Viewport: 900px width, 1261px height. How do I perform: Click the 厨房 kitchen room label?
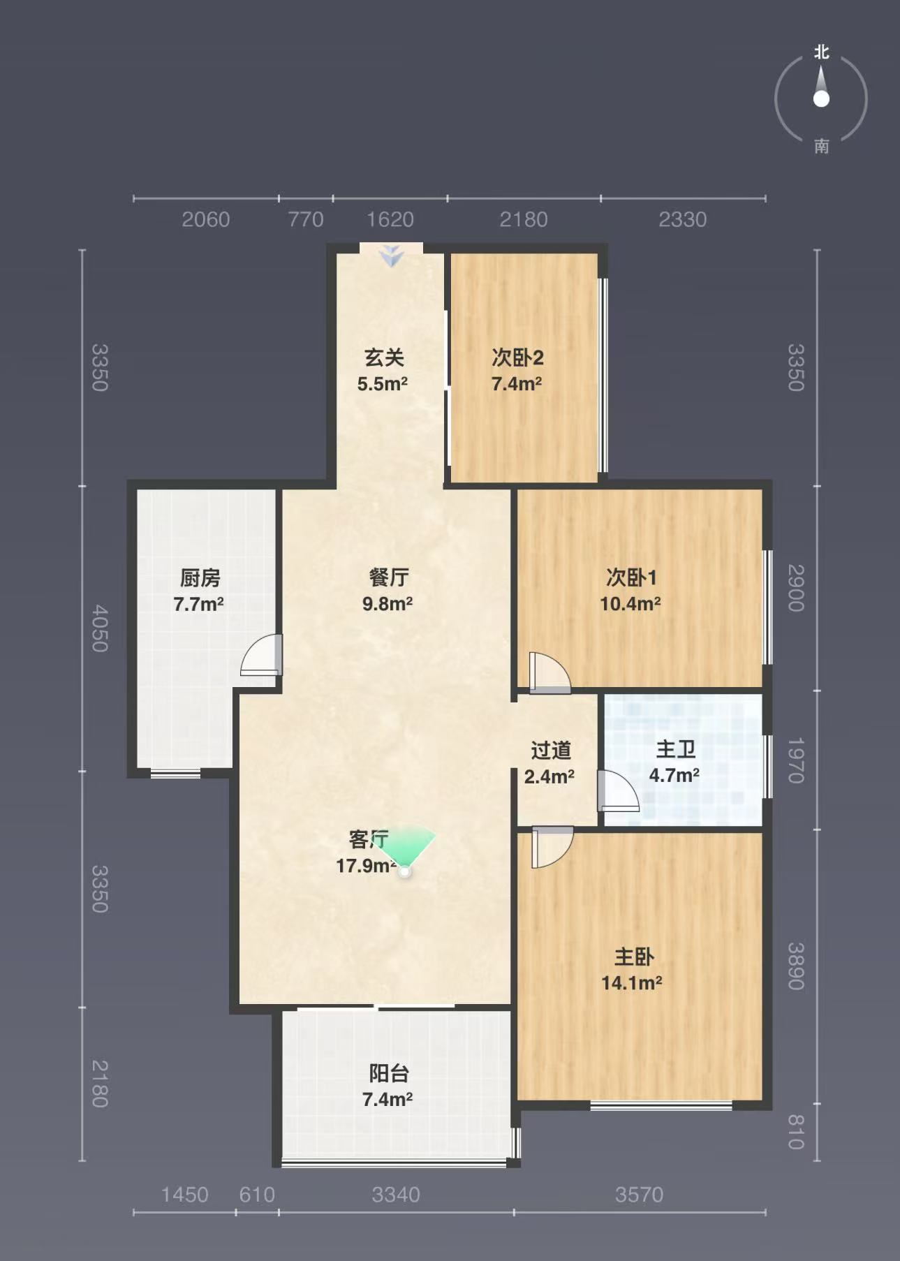pyautogui.click(x=200, y=578)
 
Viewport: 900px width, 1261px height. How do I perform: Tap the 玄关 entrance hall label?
pyautogui.click(x=385, y=358)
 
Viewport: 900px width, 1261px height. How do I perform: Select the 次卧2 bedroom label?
pyautogui.click(x=517, y=358)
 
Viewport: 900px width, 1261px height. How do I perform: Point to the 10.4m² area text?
pyautogui.click(x=630, y=604)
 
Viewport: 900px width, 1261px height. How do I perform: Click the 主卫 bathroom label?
pyautogui.click(x=676, y=750)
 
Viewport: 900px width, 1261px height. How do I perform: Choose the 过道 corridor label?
pyautogui.click(x=551, y=751)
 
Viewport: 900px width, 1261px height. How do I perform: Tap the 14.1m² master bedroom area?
pyautogui.click(x=632, y=983)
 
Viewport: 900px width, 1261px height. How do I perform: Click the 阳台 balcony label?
pyautogui.click(x=389, y=1073)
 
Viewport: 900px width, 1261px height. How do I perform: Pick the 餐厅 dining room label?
pyautogui.click(x=389, y=578)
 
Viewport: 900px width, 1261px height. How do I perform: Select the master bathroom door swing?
pyautogui.click(x=619, y=790)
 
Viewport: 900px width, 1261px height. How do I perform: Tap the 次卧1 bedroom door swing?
pyautogui.click(x=550, y=673)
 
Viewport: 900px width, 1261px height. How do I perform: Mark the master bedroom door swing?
pyautogui.click(x=552, y=847)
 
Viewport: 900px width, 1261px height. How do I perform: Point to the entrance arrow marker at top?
pyautogui.click(x=392, y=256)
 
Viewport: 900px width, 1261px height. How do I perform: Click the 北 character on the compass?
pyautogui.click(x=822, y=52)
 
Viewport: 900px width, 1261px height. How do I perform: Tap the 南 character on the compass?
pyautogui.click(x=822, y=146)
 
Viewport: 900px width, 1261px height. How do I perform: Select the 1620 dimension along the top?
pyautogui.click(x=390, y=220)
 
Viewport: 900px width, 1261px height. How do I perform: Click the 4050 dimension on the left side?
pyautogui.click(x=100, y=628)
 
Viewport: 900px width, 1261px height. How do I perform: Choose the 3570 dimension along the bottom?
pyautogui.click(x=639, y=1195)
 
